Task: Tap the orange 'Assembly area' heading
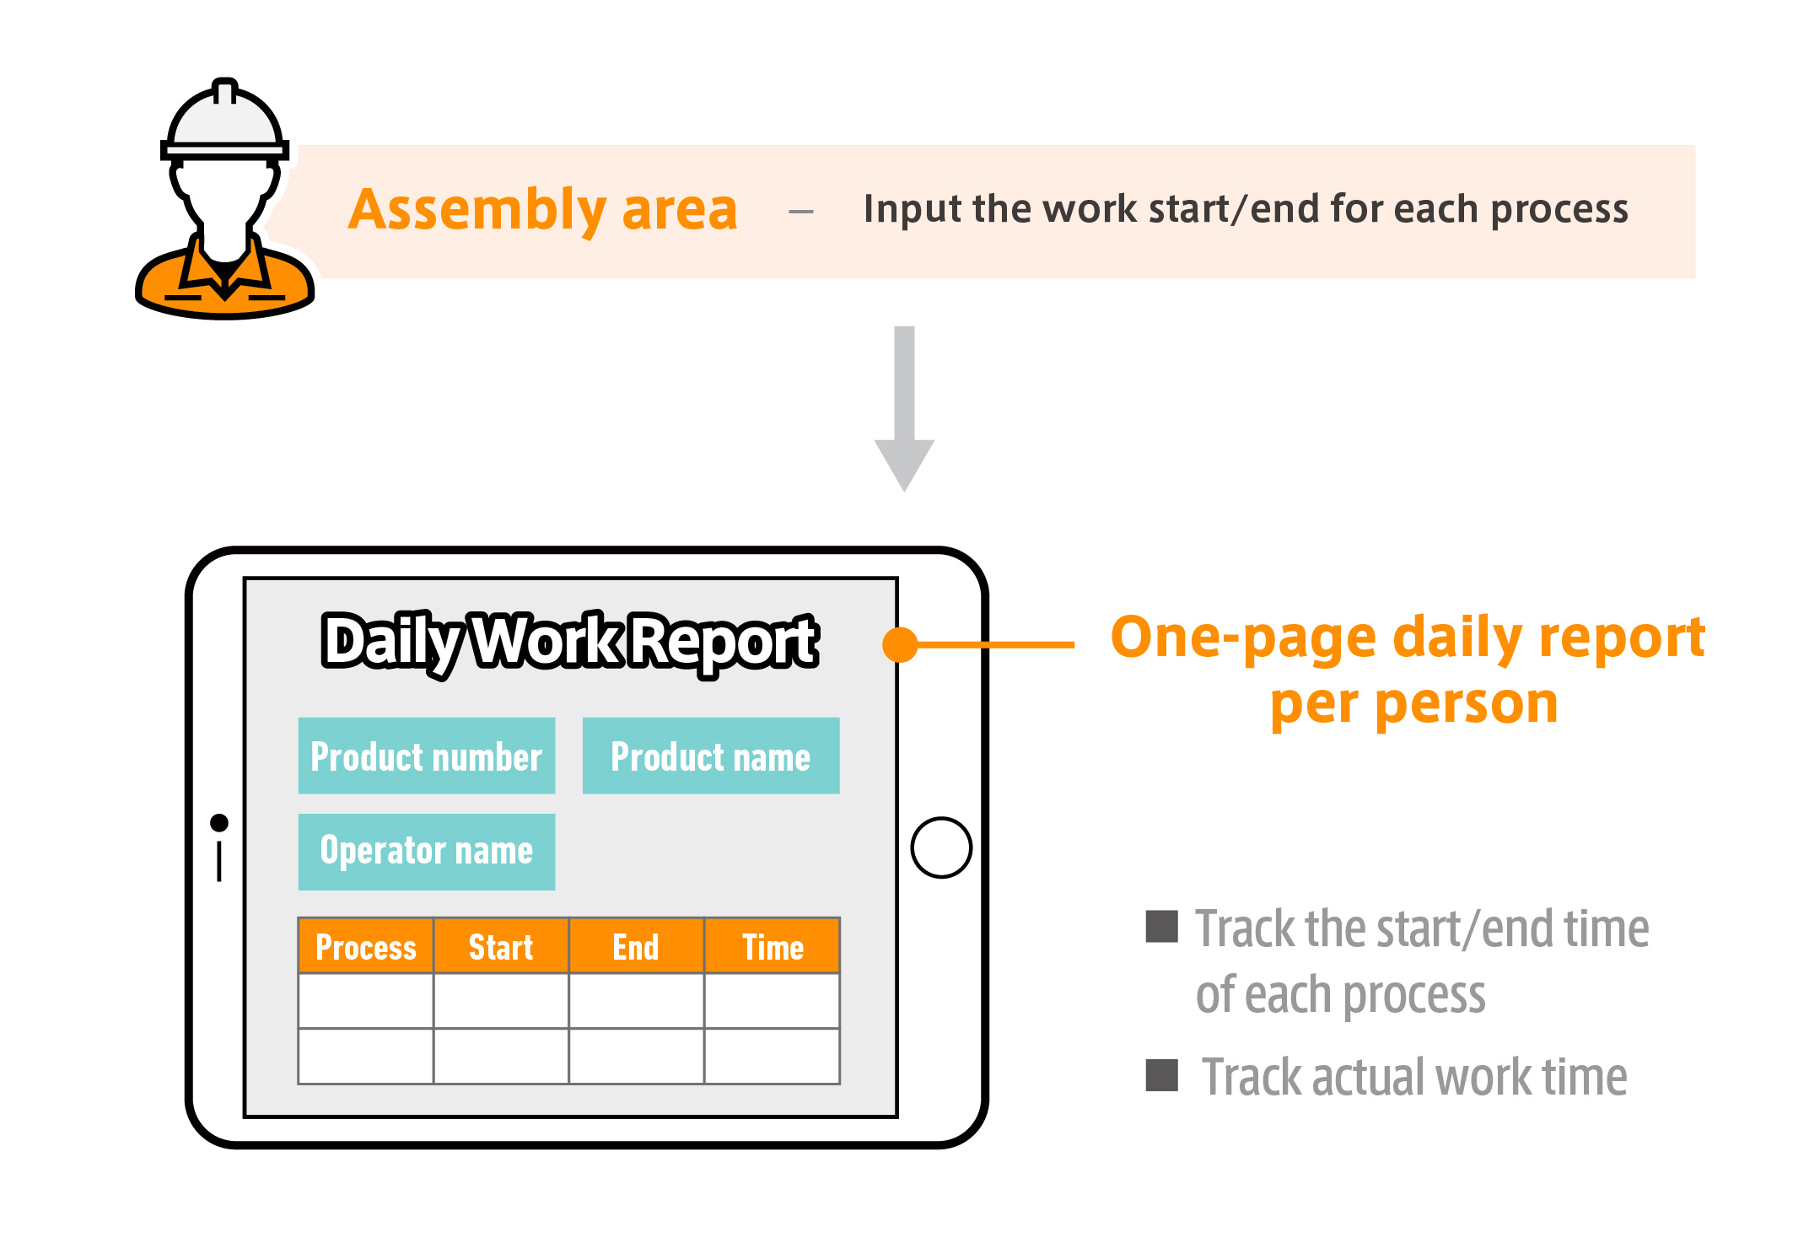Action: (x=543, y=210)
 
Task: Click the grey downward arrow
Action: (x=904, y=409)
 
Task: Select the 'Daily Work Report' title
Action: (x=570, y=643)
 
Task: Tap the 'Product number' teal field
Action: (x=427, y=756)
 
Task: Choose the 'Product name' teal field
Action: (x=711, y=756)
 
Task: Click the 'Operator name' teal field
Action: (x=427, y=852)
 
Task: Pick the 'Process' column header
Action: (x=366, y=946)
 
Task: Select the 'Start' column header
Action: (x=501, y=946)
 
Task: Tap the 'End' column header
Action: (x=636, y=946)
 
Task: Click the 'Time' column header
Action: (x=773, y=946)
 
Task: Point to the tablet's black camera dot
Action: (x=219, y=822)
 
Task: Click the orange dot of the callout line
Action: (x=900, y=644)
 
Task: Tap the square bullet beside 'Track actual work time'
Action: (x=1161, y=1075)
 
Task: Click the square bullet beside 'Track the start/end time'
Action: (x=1161, y=926)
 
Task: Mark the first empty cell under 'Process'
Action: (x=366, y=1001)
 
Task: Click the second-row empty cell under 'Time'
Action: (x=773, y=1056)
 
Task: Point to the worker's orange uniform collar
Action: (x=225, y=270)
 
